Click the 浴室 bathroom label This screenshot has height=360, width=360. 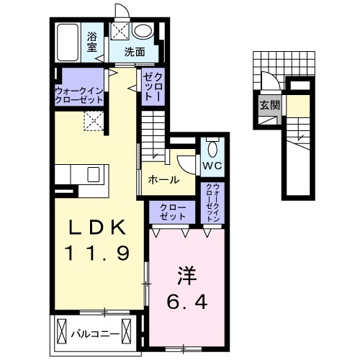[x=93, y=41]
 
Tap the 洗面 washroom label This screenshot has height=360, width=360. [x=135, y=52]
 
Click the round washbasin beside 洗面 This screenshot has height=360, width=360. [x=143, y=30]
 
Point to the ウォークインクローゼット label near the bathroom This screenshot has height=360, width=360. [x=81, y=95]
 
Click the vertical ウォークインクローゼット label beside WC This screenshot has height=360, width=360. [x=214, y=203]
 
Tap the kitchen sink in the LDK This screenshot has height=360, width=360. [x=93, y=174]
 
